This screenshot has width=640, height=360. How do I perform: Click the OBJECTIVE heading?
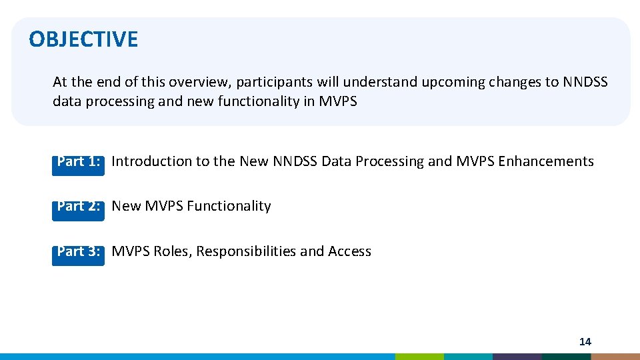point(83,39)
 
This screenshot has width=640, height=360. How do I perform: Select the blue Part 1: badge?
point(79,162)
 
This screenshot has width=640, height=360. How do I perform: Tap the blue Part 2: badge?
point(79,207)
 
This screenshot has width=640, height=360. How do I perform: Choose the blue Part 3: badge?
point(79,252)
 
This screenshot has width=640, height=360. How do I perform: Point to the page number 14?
point(585,341)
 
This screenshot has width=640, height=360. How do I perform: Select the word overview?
point(195,83)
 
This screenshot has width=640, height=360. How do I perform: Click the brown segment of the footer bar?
point(615,357)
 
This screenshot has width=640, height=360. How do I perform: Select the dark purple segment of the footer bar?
point(517,357)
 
